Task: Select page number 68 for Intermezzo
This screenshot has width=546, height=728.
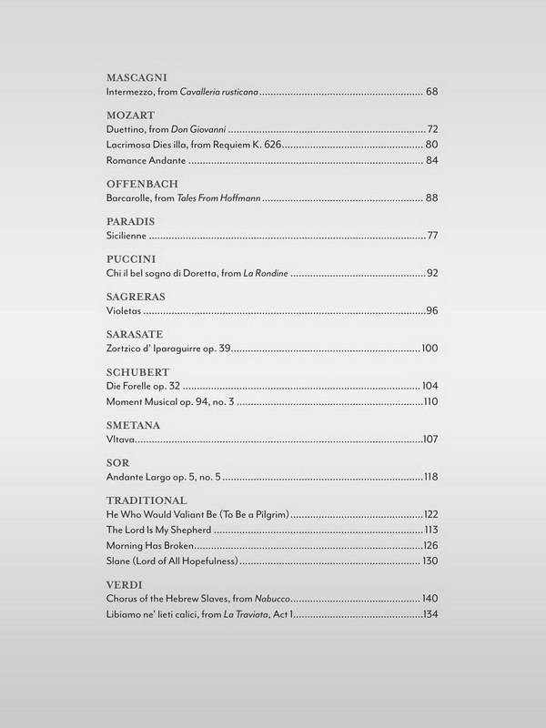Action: (432, 93)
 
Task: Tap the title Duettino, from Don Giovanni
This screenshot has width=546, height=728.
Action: (166, 131)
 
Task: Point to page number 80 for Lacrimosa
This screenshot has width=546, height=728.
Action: (432, 146)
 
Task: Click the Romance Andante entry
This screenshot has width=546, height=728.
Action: (146, 161)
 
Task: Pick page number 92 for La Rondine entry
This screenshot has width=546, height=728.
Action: (432, 274)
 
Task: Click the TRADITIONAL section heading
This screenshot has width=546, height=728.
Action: (147, 500)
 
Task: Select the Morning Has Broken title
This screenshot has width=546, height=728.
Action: (151, 545)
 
